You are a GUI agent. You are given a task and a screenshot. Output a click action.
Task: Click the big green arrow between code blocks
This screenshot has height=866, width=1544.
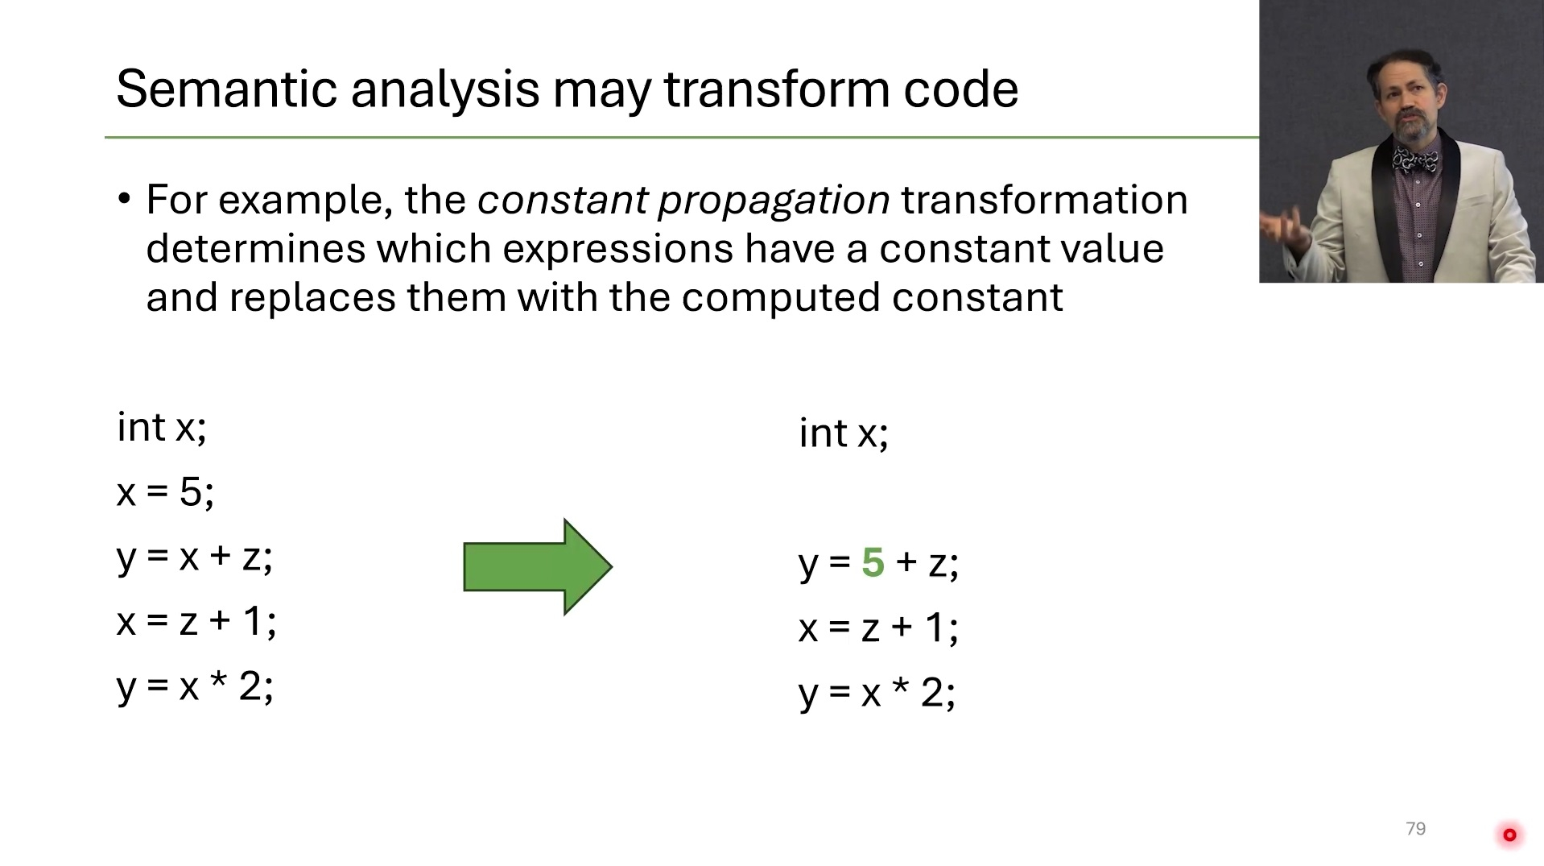point(538,566)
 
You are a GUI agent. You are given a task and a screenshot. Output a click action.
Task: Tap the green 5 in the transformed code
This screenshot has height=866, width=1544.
point(873,562)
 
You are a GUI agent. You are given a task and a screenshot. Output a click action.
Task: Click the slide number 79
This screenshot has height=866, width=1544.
point(1415,829)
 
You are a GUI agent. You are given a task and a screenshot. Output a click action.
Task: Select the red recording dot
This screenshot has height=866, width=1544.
point(1509,835)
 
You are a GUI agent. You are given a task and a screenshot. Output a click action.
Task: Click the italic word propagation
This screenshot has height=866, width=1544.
point(774,201)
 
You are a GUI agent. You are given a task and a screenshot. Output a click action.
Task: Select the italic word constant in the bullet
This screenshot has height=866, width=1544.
point(562,200)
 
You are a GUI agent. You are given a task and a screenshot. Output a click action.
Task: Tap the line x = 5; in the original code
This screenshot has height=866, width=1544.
point(165,491)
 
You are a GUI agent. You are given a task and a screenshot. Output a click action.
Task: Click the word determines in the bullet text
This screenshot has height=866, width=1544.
point(255,248)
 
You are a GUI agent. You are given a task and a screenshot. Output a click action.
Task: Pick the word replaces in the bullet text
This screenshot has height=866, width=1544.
point(312,298)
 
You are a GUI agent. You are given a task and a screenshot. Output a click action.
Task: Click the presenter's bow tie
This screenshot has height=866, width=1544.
point(1415,160)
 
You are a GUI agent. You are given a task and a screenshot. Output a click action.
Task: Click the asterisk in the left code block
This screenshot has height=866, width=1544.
point(218,681)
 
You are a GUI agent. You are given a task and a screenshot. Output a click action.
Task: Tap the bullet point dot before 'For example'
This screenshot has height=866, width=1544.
point(124,198)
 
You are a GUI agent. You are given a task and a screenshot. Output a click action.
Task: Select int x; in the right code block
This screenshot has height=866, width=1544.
point(844,433)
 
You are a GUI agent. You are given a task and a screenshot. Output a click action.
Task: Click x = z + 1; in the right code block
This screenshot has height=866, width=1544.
point(878,628)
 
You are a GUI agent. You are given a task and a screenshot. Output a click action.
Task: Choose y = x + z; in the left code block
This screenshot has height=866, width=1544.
point(195,557)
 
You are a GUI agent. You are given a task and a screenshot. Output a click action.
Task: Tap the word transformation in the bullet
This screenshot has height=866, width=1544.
point(1044,200)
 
